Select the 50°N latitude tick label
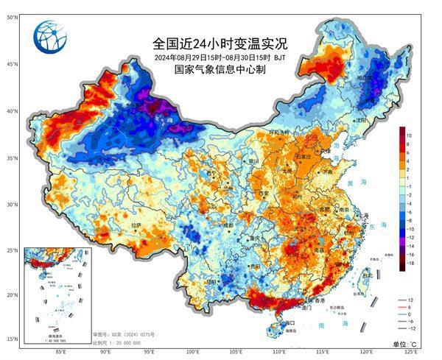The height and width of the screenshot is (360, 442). (13, 16)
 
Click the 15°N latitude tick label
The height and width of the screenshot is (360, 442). (13, 339)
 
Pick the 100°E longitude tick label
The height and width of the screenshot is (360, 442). (193, 352)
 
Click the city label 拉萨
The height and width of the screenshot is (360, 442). (136, 225)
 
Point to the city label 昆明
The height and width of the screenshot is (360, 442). (212, 281)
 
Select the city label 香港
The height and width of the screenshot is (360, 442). (319, 300)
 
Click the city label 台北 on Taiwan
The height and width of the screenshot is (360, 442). (366, 274)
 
